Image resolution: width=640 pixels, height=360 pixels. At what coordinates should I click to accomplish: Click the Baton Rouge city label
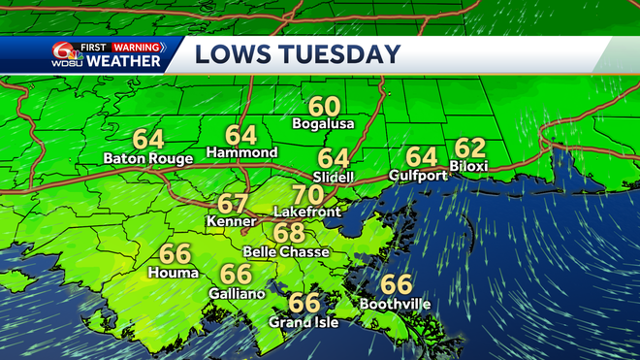pos(148,157)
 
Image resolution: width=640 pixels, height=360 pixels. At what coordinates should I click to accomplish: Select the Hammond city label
pos(241,152)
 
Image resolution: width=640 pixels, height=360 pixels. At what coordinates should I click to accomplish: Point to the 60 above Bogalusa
pos(324,106)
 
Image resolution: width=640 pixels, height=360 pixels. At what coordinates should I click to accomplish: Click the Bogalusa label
pos(324,124)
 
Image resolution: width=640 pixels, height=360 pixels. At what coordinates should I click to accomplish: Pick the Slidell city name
pos(334,177)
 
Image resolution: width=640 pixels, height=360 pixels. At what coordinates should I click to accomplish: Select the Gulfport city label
pos(421,175)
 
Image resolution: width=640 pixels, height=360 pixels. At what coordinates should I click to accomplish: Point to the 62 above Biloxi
pos(469,147)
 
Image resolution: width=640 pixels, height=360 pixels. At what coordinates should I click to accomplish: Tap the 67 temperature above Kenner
pos(233,204)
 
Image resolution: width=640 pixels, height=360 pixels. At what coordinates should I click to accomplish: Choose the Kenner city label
pos(233,222)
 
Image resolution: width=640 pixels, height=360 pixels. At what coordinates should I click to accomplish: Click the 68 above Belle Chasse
pos(289,233)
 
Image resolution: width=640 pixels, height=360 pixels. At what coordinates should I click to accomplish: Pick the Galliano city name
pos(235,292)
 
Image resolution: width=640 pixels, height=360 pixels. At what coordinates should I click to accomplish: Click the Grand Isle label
pos(304,322)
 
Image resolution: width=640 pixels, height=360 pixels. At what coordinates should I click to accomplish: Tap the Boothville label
pos(396,304)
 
